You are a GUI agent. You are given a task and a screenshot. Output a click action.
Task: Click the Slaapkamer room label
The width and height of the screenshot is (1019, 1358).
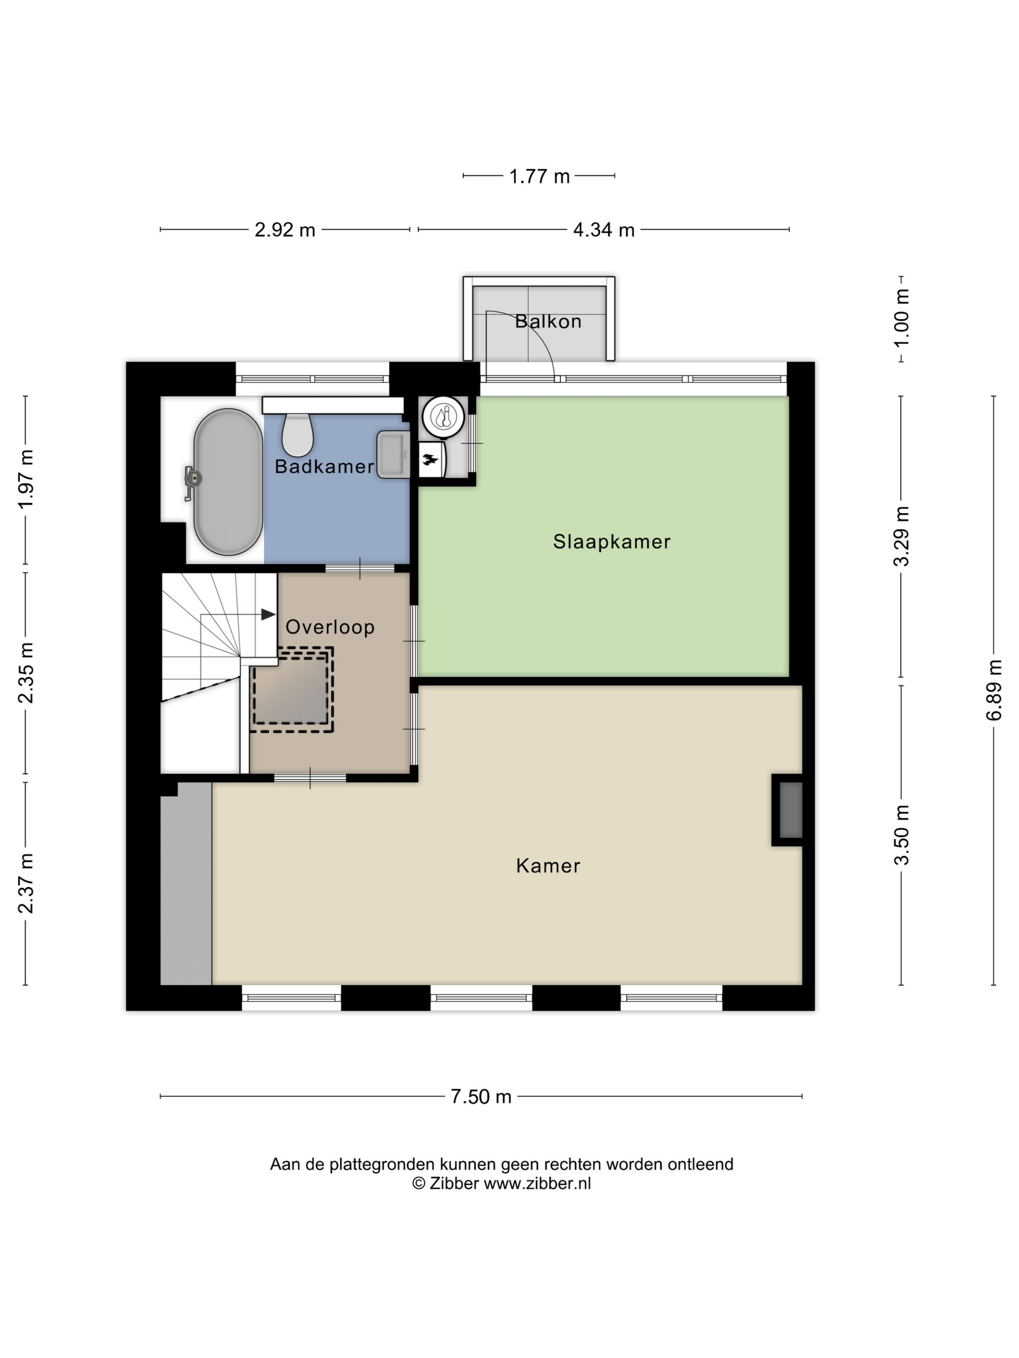click(611, 541)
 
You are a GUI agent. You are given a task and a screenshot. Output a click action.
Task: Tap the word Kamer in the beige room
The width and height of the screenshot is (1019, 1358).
click(548, 866)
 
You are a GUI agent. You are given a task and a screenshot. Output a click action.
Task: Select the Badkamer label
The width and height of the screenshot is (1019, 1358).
click(324, 467)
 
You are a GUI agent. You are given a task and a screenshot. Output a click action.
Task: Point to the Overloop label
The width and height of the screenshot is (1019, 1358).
click(330, 627)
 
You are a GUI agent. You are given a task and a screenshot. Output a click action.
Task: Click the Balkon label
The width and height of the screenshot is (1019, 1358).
click(548, 321)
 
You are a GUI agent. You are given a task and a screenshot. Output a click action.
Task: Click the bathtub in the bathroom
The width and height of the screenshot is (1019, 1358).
click(228, 482)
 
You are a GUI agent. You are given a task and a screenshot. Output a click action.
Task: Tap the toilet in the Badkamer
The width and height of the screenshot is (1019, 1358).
click(297, 434)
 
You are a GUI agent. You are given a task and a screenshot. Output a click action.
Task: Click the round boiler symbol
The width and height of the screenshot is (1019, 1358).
click(443, 417)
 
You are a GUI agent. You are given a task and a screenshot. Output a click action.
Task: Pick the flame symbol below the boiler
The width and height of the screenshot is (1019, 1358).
click(430, 459)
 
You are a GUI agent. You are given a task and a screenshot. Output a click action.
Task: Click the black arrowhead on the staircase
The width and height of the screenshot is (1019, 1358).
click(268, 614)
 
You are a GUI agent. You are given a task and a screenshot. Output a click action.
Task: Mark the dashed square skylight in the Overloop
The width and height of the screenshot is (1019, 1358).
click(291, 690)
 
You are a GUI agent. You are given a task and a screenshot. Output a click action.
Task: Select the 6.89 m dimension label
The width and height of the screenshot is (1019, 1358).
click(993, 690)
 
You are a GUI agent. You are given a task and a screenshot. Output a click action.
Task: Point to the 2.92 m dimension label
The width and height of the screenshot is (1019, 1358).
click(285, 229)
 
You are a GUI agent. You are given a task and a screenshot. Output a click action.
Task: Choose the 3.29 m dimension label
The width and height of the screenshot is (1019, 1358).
click(901, 536)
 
